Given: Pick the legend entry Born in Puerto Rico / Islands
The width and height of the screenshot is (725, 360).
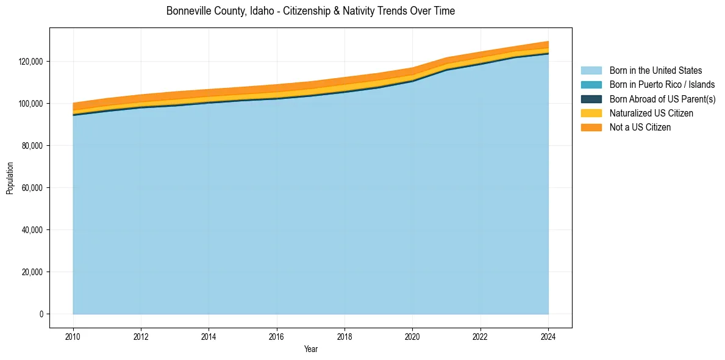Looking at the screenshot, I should click(x=662, y=85).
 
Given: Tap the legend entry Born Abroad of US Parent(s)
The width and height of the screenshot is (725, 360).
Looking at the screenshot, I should click(x=662, y=99).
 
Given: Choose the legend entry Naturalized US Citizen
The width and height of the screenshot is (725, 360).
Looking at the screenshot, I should click(x=651, y=113).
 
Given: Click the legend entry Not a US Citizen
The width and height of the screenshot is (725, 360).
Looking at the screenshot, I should click(x=640, y=128).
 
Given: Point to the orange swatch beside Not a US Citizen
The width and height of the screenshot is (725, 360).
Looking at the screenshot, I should click(x=591, y=128).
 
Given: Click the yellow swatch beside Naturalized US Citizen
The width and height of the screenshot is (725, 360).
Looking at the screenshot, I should click(x=591, y=113).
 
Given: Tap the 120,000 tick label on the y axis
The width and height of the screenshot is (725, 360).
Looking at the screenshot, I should click(x=30, y=62).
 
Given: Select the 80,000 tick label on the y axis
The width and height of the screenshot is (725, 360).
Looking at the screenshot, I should click(x=32, y=146).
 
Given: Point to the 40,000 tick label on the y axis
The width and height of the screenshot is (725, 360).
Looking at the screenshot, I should click(x=32, y=230).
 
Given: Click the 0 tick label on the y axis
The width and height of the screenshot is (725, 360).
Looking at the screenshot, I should click(x=41, y=314).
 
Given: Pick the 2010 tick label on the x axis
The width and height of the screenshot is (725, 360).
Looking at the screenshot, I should click(x=73, y=336).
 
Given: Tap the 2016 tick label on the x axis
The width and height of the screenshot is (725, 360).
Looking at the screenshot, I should click(x=277, y=336).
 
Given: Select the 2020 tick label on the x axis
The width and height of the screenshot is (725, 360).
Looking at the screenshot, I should click(x=413, y=336).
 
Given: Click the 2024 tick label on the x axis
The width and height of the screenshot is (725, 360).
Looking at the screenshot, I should click(x=548, y=336).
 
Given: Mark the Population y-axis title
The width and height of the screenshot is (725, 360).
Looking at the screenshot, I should click(x=10, y=178).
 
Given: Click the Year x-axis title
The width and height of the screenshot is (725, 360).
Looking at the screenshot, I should click(x=310, y=349).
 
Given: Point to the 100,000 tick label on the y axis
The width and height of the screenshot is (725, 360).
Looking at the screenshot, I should click(x=30, y=104).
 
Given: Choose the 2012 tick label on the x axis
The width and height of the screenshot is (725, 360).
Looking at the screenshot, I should click(x=141, y=336).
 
